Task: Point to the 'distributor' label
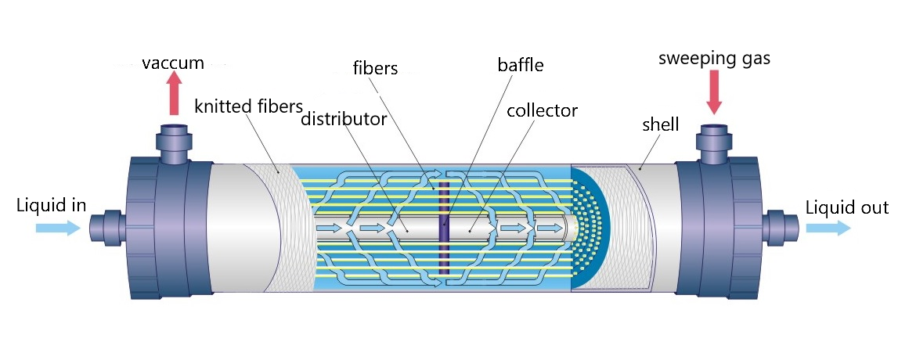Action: [344, 120]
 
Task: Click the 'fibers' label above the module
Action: [376, 68]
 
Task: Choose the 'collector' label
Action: [542, 110]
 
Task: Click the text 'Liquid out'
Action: [847, 207]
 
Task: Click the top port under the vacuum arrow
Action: [174, 141]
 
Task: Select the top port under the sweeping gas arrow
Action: [713, 141]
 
